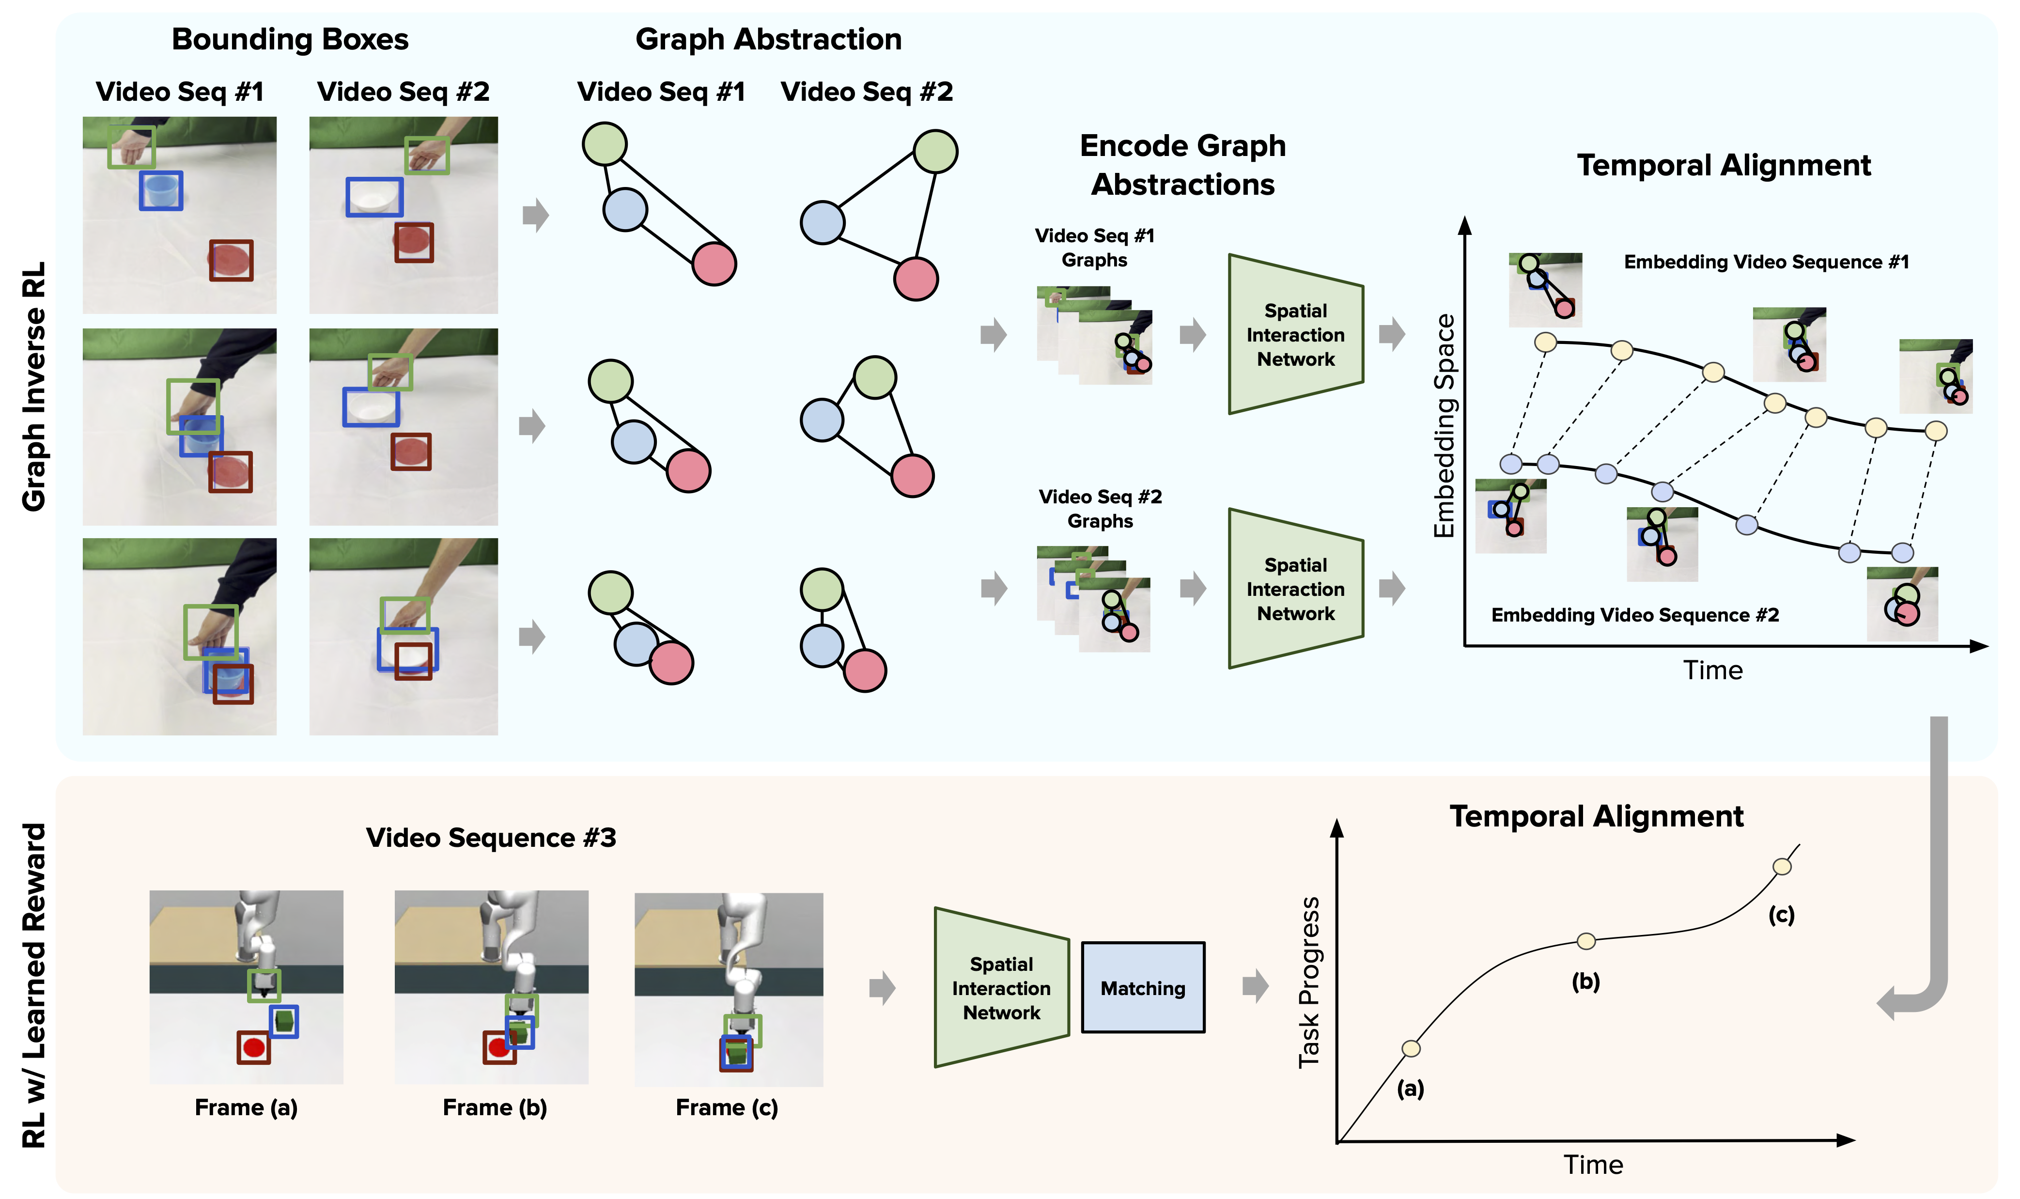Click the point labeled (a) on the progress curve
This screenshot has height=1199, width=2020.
point(1410,1048)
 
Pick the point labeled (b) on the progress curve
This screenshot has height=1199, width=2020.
point(1585,940)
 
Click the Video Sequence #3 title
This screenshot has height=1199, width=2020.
point(491,838)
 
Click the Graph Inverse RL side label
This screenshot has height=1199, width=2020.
point(34,386)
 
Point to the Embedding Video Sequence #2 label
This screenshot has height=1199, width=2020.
point(1635,615)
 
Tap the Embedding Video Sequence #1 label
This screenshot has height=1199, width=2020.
point(1766,262)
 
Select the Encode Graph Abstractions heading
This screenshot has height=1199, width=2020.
point(1182,165)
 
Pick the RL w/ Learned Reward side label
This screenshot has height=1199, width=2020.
point(34,986)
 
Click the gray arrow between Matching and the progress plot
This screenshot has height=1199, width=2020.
point(1254,986)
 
